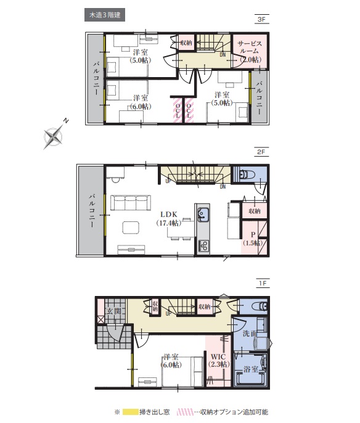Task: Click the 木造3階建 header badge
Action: [x=105, y=15]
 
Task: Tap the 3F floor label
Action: [x=261, y=20]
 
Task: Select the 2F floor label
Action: [x=261, y=152]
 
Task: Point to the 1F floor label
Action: [x=263, y=283]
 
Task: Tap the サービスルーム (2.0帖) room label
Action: [x=250, y=51]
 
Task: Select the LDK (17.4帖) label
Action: [x=169, y=218]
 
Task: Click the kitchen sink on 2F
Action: [x=203, y=215]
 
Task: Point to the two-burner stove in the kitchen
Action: [x=203, y=245]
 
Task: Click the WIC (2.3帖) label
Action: [x=219, y=361]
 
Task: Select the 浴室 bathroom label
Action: [x=251, y=369]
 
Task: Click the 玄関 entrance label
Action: [x=114, y=311]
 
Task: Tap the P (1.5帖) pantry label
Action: [x=253, y=239]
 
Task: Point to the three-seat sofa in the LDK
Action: [x=131, y=203]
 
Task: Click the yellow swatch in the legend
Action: [x=130, y=412]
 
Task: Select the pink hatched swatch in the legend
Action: [x=186, y=412]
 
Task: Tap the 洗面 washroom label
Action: [x=250, y=334]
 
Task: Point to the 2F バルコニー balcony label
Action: [x=92, y=210]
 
